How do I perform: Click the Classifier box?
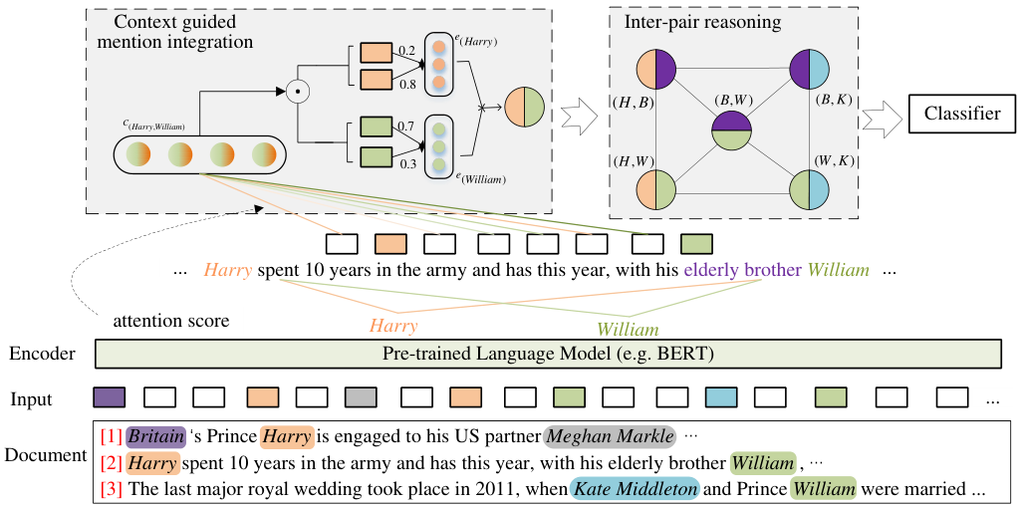pos(961,115)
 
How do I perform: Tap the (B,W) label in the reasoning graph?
pos(731,102)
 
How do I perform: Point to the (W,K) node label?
pos(831,158)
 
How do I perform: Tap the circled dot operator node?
pos(297,92)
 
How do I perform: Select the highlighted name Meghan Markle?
pos(610,435)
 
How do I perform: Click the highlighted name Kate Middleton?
pos(634,488)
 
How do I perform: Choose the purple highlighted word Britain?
pos(156,435)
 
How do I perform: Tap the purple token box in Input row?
pos(110,396)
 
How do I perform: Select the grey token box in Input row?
pos(362,396)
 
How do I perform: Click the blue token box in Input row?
pos(721,396)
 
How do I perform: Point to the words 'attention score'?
pos(170,321)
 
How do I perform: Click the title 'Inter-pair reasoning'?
pos(702,23)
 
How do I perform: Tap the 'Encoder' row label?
pos(43,354)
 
